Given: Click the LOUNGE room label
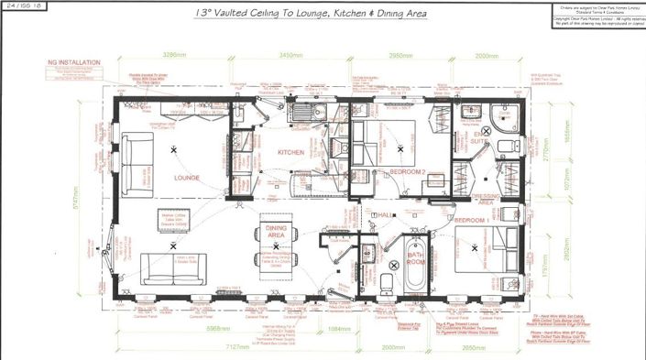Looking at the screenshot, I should pos(187,178).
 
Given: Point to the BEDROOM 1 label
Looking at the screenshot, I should pos(474,222).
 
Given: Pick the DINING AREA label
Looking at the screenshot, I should pos(276,232).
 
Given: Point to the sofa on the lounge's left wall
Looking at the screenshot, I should pos(138,163).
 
